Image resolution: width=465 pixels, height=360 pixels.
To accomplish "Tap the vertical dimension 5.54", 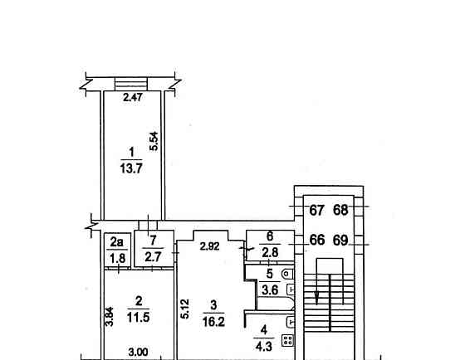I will [x=153, y=141].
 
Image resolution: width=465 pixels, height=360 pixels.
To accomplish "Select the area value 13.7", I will [x=130, y=166].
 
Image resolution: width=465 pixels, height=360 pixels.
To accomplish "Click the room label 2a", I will [x=117, y=242].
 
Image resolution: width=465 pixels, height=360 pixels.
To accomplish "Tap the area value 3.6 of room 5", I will [x=270, y=289].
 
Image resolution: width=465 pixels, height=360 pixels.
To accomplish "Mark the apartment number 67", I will [x=316, y=210].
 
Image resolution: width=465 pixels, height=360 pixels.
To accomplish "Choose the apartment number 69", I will [x=340, y=241].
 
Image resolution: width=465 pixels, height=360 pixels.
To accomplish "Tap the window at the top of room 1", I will [x=130, y=83].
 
